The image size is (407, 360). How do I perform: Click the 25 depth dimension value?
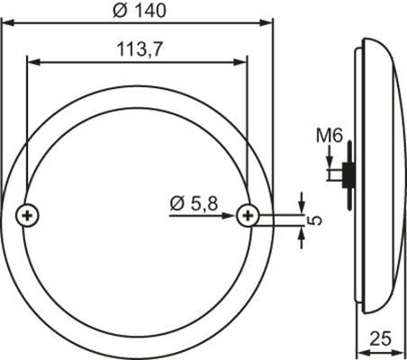coord(382,340)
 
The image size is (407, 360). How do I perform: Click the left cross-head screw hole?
coord(28,214)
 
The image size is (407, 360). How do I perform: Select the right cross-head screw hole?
coord(246,214)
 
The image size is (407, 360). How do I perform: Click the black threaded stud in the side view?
coord(347,174)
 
